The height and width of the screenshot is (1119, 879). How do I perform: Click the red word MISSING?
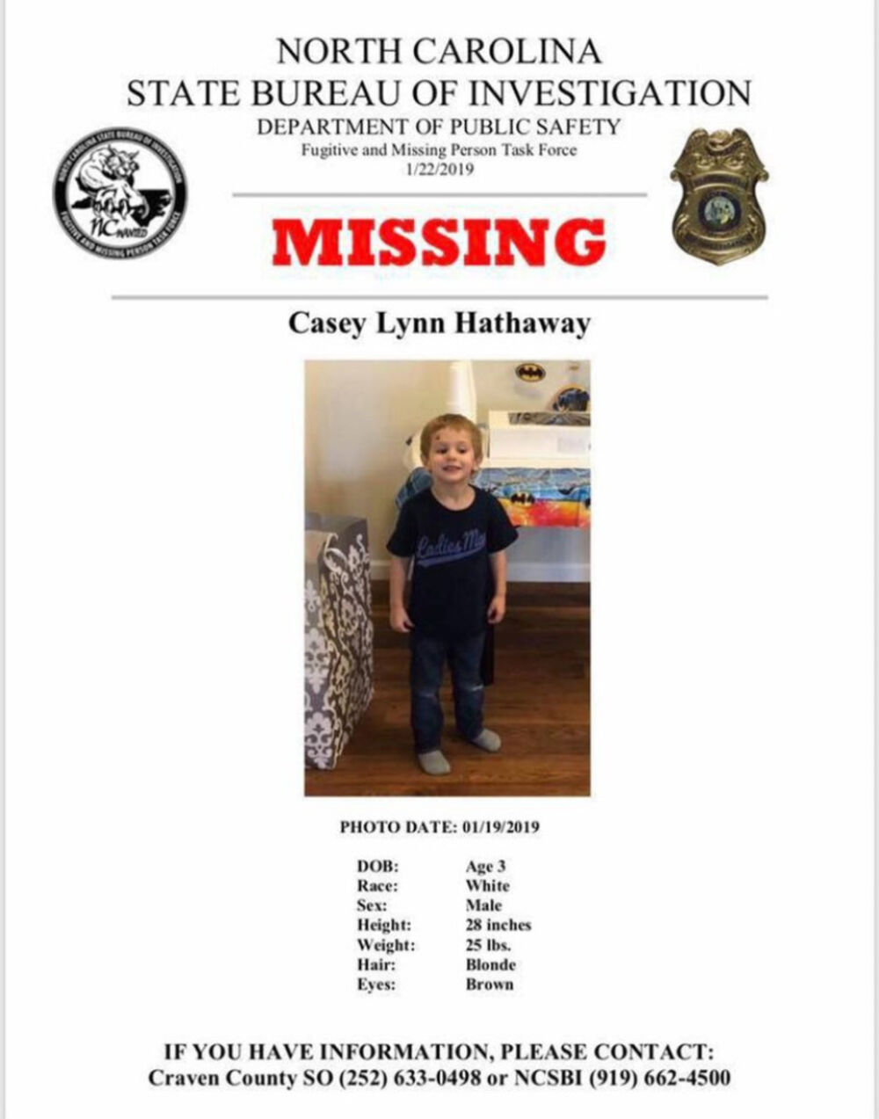pyautogui.click(x=439, y=242)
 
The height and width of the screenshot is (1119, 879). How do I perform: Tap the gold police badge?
pyautogui.click(x=719, y=195)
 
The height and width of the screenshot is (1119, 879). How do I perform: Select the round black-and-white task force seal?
pyautogui.click(x=120, y=195)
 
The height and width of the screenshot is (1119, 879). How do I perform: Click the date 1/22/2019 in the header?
pyautogui.click(x=439, y=169)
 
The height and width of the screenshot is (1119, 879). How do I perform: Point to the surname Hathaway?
pyautogui.click(x=522, y=323)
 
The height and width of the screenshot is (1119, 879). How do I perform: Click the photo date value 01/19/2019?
pyautogui.click(x=498, y=827)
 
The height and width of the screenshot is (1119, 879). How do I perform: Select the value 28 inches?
pyautogui.click(x=498, y=925)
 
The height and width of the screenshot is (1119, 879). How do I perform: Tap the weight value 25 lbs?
pyautogui.click(x=488, y=945)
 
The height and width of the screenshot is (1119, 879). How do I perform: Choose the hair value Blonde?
pyautogui.click(x=490, y=964)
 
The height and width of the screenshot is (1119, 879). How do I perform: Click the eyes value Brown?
pyautogui.click(x=489, y=985)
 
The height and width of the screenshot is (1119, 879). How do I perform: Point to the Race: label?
pyautogui.click(x=377, y=886)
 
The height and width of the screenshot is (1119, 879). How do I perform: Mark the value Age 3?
pyautogui.click(x=485, y=867)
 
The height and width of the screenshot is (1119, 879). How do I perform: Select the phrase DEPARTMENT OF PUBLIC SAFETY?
pyautogui.click(x=439, y=127)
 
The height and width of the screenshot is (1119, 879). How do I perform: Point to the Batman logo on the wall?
pyautogui.click(x=530, y=373)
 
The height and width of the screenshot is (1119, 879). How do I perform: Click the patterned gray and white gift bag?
pyautogui.click(x=338, y=633)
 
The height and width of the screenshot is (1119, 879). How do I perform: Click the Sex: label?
pyautogui.click(x=373, y=905)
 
